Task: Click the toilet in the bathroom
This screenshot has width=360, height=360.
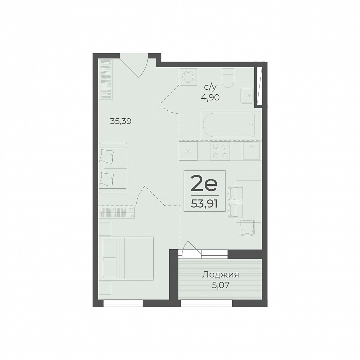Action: point(228,78)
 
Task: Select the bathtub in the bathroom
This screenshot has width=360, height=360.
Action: point(229,125)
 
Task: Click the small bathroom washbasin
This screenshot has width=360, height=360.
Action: point(247,96)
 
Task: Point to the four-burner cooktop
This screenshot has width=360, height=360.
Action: point(220,151)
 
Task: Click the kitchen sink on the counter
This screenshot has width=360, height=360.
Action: point(252,151)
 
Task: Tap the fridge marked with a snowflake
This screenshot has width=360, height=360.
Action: point(188,151)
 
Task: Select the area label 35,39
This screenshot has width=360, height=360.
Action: point(120,121)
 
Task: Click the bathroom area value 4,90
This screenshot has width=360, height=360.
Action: point(210,97)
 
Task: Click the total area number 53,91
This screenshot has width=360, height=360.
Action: point(204,203)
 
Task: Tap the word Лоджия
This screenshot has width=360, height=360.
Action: point(220,275)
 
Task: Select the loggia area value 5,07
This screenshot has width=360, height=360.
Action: point(221,285)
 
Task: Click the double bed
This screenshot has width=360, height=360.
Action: point(126,258)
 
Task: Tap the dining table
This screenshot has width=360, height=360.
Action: point(248,201)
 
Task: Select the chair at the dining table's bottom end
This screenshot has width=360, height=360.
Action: point(247,228)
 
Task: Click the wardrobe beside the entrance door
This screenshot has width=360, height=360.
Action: point(106,79)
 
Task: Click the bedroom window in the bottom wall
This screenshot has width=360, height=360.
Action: point(123,303)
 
